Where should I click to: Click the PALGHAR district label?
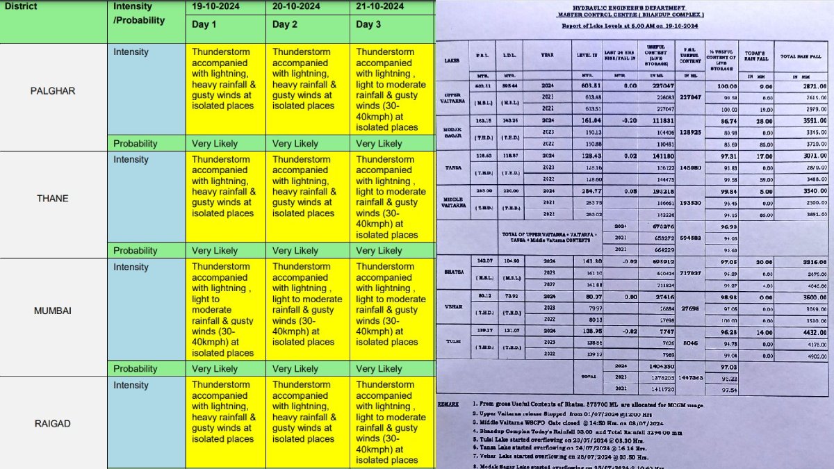click(x=53, y=90)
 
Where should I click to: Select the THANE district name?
click(x=53, y=198)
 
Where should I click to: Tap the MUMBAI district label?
click(x=53, y=311)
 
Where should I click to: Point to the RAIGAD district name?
click(x=53, y=423)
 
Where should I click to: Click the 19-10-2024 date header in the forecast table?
click(x=221, y=7)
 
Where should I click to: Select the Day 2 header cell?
click(x=285, y=24)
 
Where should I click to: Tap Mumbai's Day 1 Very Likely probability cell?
click(x=215, y=369)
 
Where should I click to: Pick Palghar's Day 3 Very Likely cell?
click(x=379, y=144)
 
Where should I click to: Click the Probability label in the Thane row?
click(x=136, y=251)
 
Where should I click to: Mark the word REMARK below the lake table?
click(x=448, y=404)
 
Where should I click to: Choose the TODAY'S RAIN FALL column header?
click(x=755, y=58)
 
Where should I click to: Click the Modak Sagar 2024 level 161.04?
click(x=588, y=120)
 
